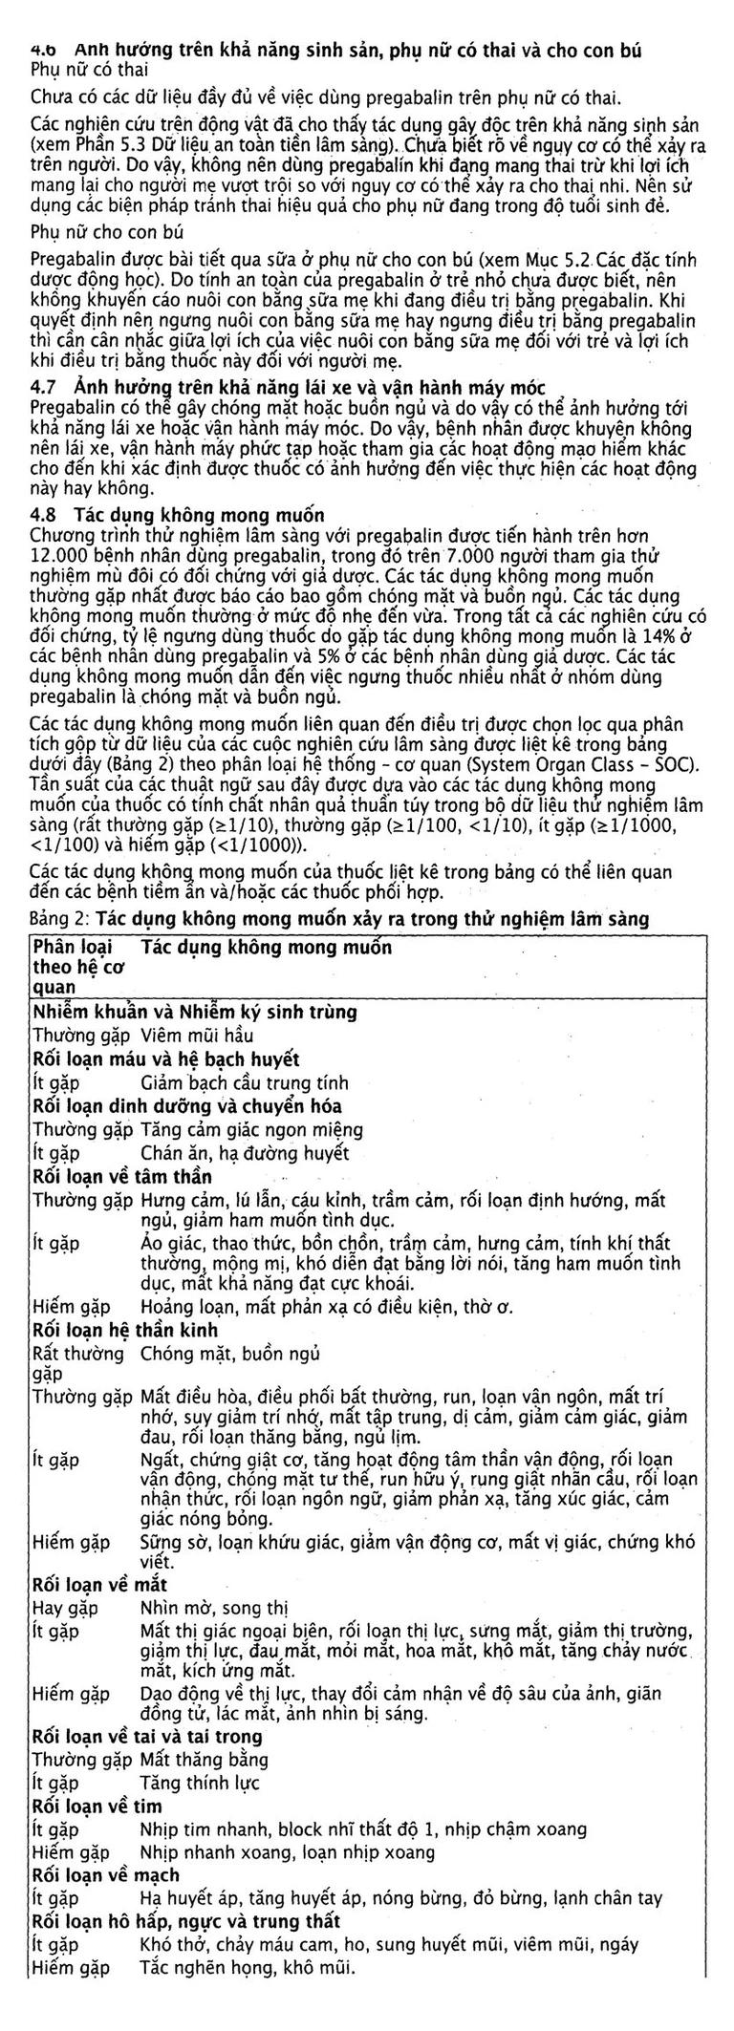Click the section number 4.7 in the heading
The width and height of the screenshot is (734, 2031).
[x=44, y=387]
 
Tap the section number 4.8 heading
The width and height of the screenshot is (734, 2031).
[x=44, y=517]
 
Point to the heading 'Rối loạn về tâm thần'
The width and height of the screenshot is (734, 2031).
[x=122, y=1176]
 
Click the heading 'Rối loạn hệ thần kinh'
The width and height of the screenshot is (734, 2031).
[x=125, y=1331]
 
